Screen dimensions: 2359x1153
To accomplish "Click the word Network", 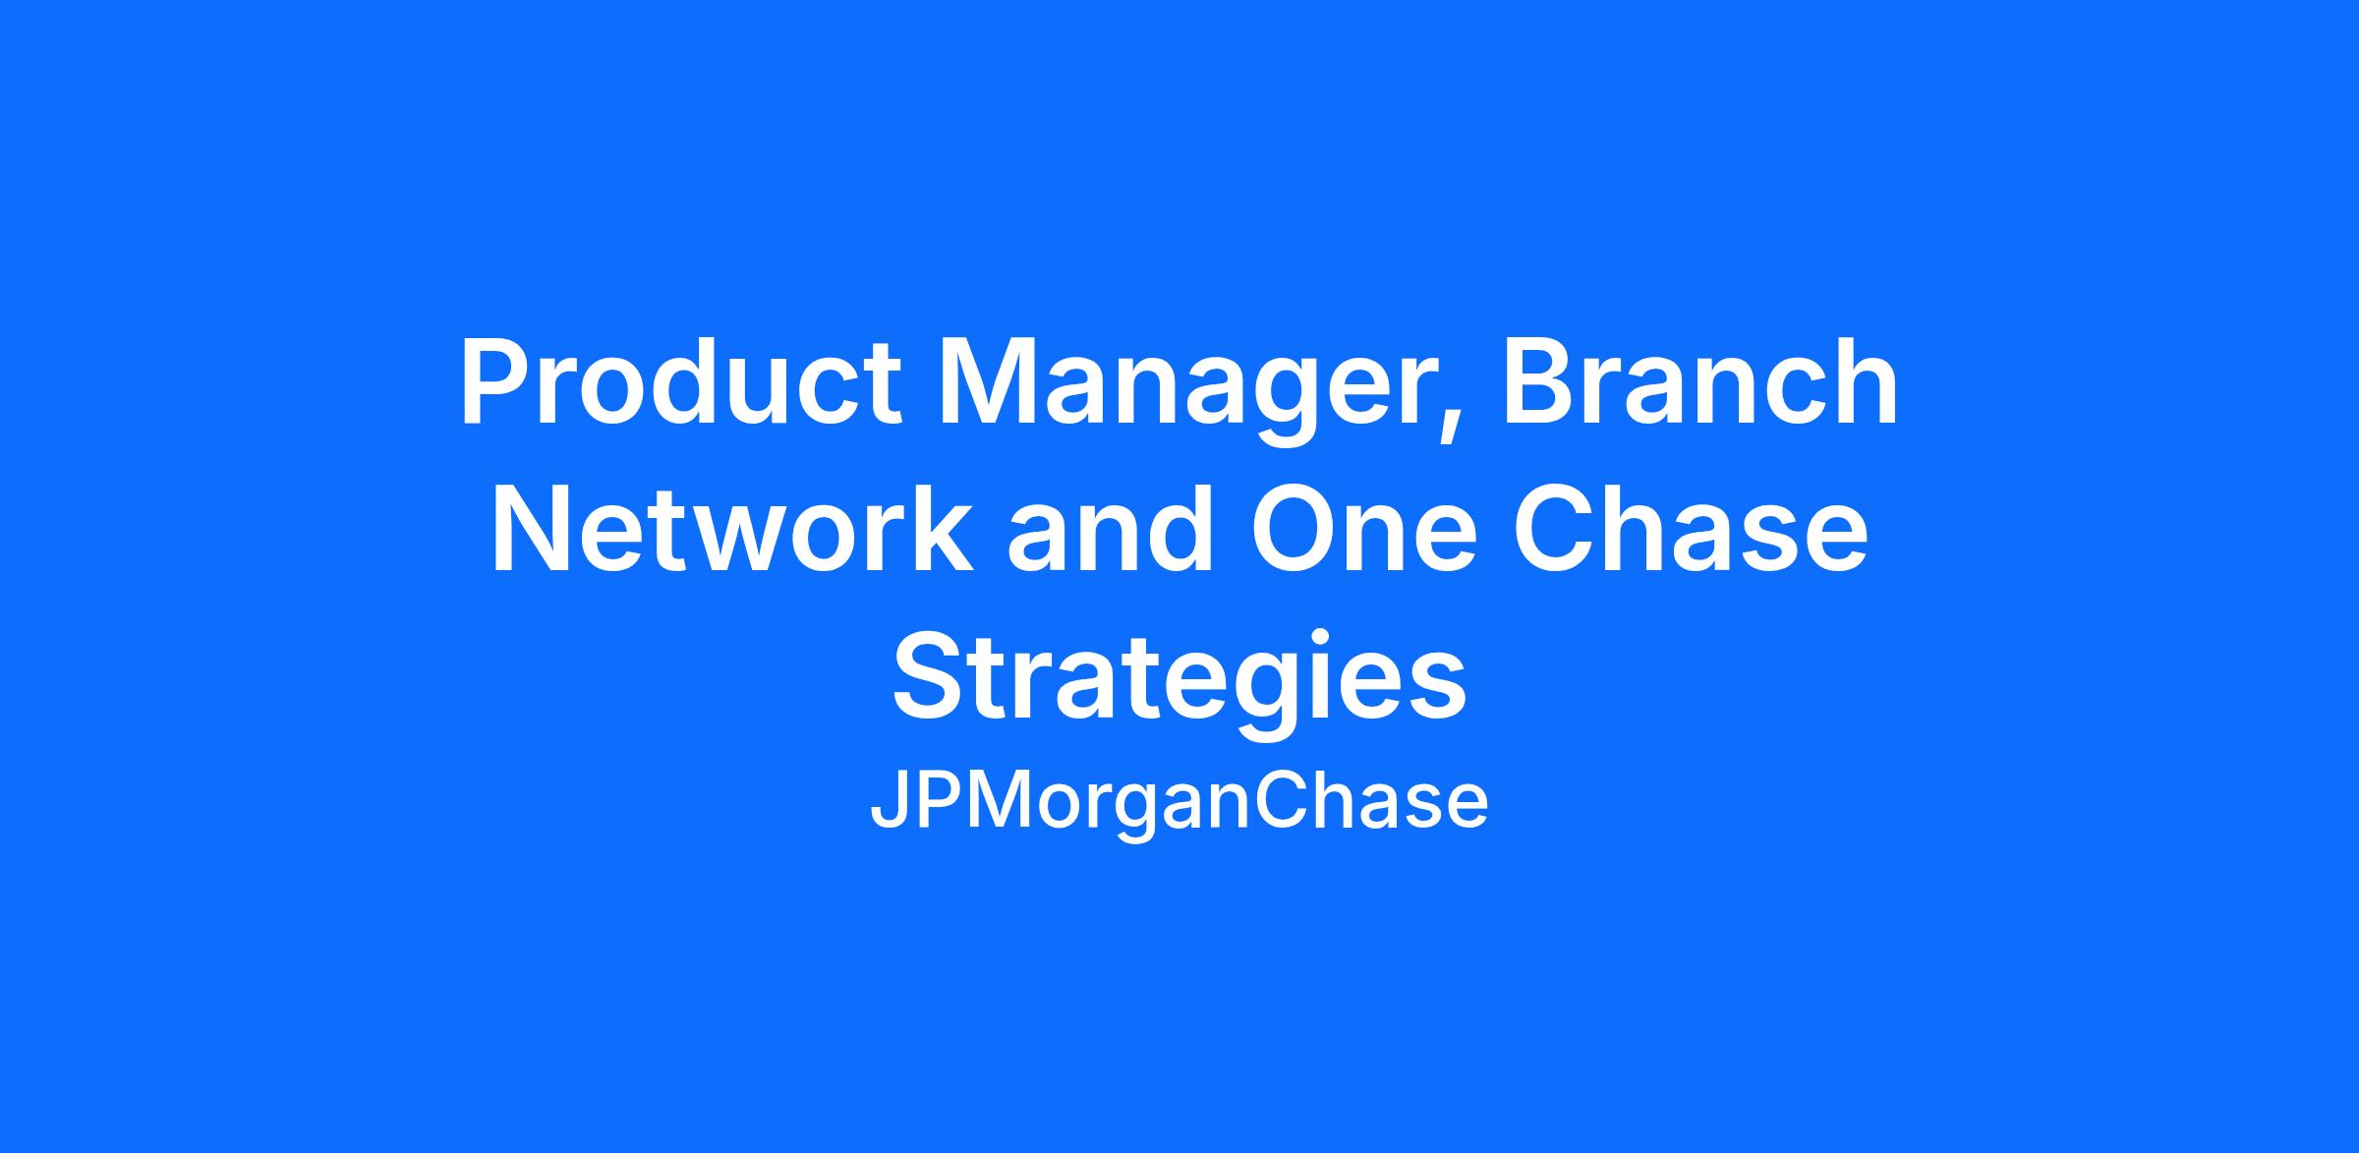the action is pos(731,530).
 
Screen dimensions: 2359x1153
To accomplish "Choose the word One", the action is pos(1362,530).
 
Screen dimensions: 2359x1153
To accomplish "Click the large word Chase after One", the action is pos(1692,530).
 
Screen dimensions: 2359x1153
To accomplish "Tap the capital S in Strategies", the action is pos(928,678).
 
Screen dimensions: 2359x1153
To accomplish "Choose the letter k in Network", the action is pos(940,530).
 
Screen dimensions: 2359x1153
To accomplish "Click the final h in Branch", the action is pos(1864,383).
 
